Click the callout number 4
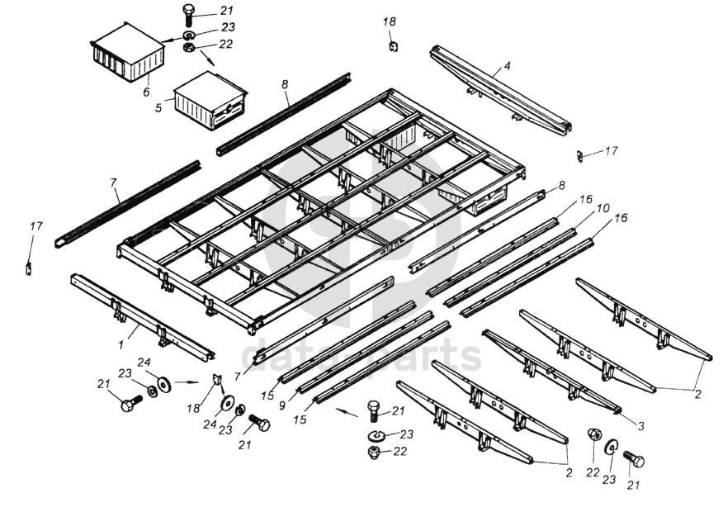(508, 65)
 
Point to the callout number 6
(146, 92)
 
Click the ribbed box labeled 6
(125, 52)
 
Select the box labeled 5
(210, 101)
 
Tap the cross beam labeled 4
(500, 92)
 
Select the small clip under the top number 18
(394, 46)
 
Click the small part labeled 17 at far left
(28, 268)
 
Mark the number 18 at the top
(390, 21)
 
